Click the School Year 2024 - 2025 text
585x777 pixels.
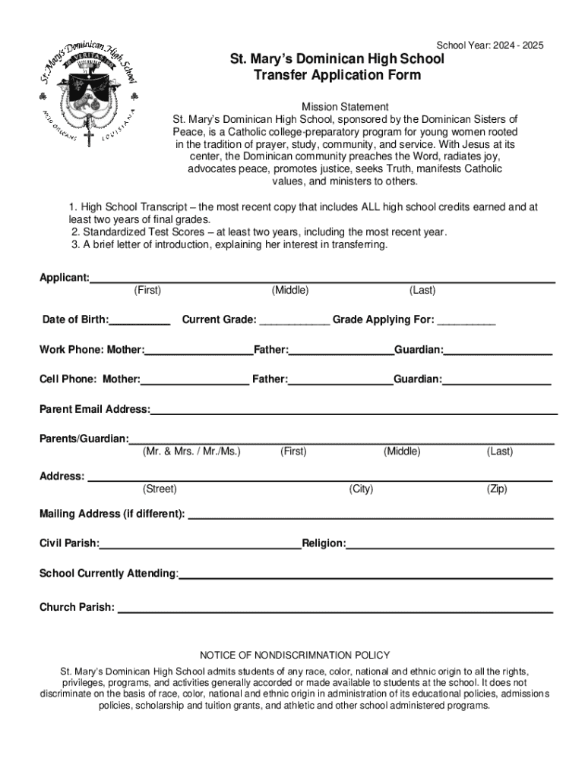pos(490,46)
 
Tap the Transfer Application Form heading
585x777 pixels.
pos(337,75)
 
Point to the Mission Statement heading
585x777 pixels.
pos(345,107)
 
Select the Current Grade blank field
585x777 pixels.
pos(295,321)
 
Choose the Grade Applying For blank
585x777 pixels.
pos(466,321)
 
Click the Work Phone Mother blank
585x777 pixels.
pos(198,351)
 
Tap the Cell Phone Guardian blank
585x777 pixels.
pos(497,380)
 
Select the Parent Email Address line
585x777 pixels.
pos(353,411)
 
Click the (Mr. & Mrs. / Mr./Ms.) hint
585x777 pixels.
pos(191,451)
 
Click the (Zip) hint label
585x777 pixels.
pos(497,489)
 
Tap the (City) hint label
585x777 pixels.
pos(361,489)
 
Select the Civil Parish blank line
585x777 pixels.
pos(201,544)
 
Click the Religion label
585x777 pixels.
pos(324,543)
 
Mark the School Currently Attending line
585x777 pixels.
pos(365,574)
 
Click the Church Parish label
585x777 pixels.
pos(77,607)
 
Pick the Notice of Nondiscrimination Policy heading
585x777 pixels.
pos(295,655)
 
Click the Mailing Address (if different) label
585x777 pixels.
pos(112,514)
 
